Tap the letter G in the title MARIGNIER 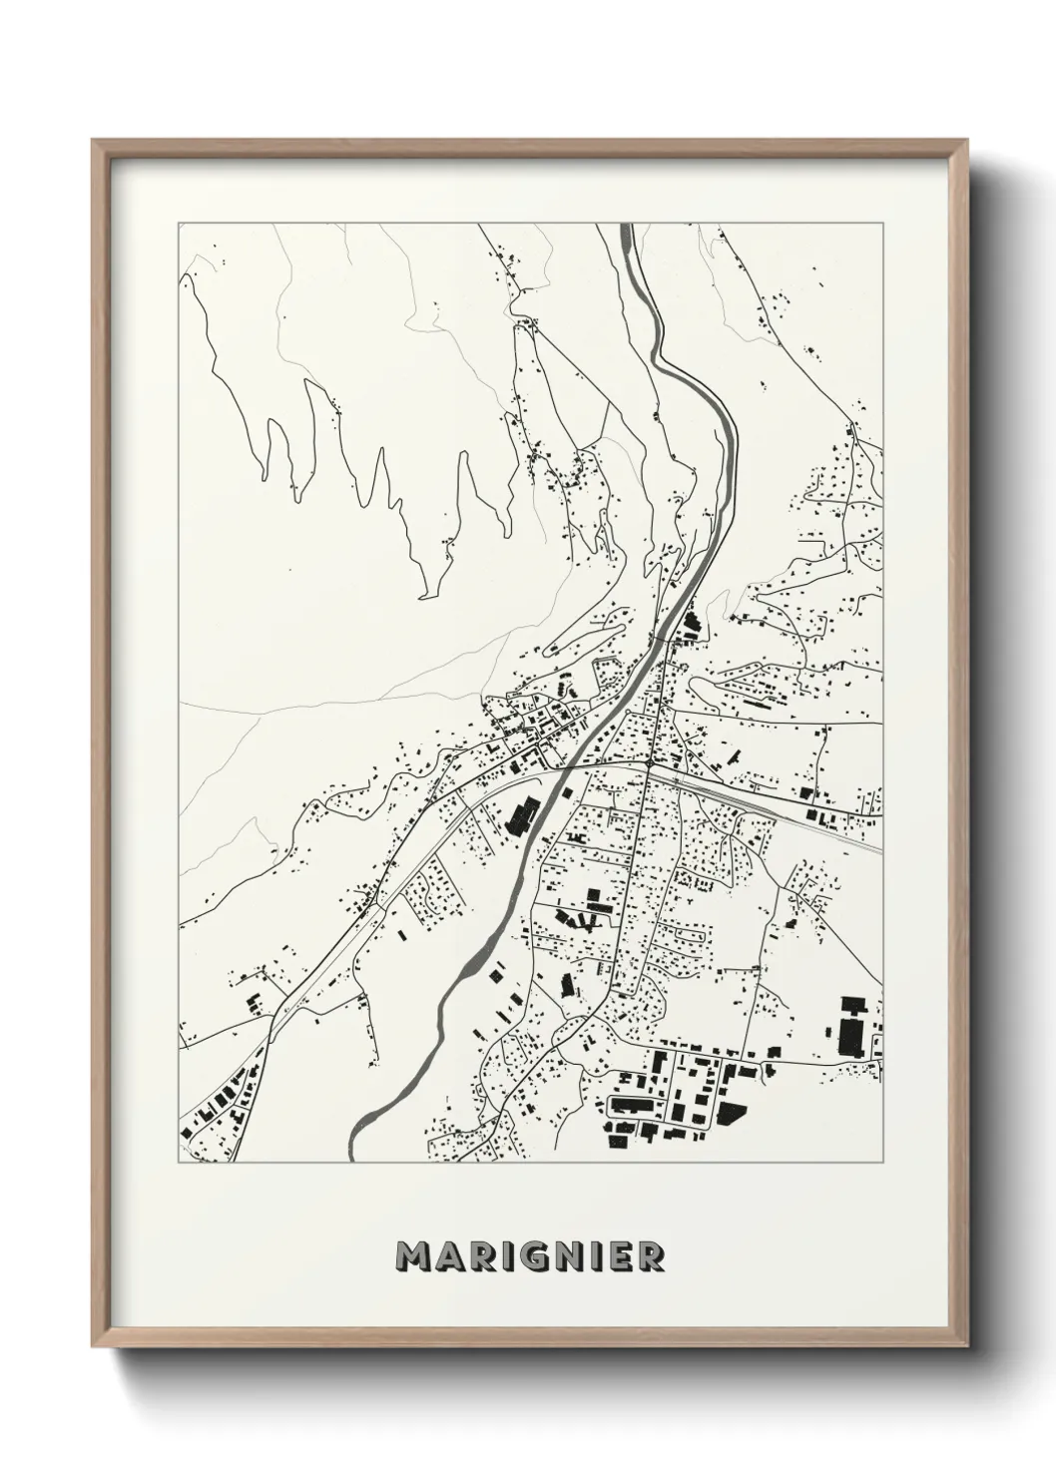pyautogui.click(x=530, y=1255)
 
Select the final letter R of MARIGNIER pyautogui.click(x=652, y=1255)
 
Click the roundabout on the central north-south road pyautogui.click(x=648, y=764)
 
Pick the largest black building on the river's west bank pyautogui.click(x=520, y=814)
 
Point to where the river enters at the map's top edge pyautogui.click(x=626, y=229)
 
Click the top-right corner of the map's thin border pyautogui.click(x=883, y=224)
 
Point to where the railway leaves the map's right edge pyautogui.click(x=881, y=851)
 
